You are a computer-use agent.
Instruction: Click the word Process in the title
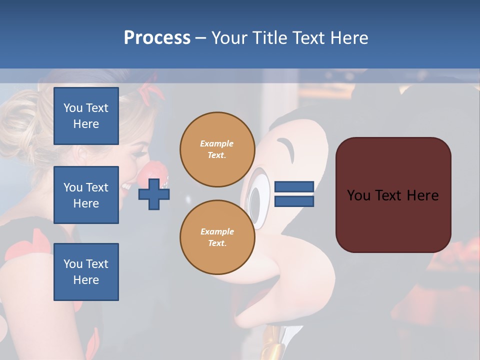pyautogui.click(x=157, y=38)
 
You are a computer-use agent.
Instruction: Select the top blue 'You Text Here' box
pyautogui.click(x=86, y=116)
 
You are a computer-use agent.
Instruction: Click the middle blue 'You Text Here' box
pyautogui.click(x=86, y=195)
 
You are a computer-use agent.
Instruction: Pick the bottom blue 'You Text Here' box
pyautogui.click(x=86, y=272)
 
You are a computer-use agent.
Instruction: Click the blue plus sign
pyautogui.click(x=154, y=194)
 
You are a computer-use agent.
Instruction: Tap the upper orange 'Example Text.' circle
pyautogui.click(x=217, y=149)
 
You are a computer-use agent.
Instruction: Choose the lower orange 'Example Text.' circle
pyautogui.click(x=217, y=237)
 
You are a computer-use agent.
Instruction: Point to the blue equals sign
pyautogui.click(x=294, y=194)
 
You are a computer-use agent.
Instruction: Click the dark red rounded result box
pyautogui.click(x=393, y=195)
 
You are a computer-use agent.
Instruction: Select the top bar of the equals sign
pyautogui.click(x=294, y=187)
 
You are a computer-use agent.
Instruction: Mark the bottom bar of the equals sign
pyautogui.click(x=294, y=201)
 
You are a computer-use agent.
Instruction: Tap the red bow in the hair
pyautogui.click(x=151, y=93)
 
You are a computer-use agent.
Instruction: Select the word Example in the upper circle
pyautogui.click(x=217, y=143)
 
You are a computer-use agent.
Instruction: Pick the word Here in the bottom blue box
pyautogui.click(x=86, y=280)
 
